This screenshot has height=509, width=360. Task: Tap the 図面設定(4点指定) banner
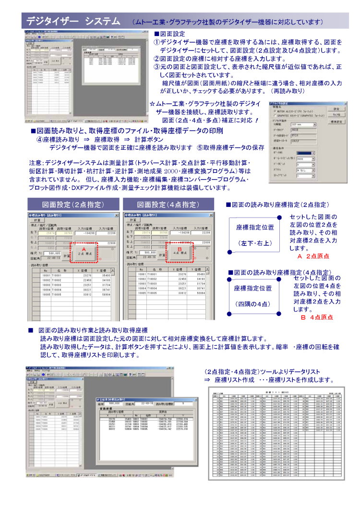pos(168,205)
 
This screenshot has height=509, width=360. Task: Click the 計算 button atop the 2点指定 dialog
pos(36,220)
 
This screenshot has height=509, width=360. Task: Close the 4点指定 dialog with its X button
pos(211,215)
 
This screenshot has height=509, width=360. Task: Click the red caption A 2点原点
pos(313,256)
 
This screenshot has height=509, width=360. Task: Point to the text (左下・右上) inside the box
pos(255,243)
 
